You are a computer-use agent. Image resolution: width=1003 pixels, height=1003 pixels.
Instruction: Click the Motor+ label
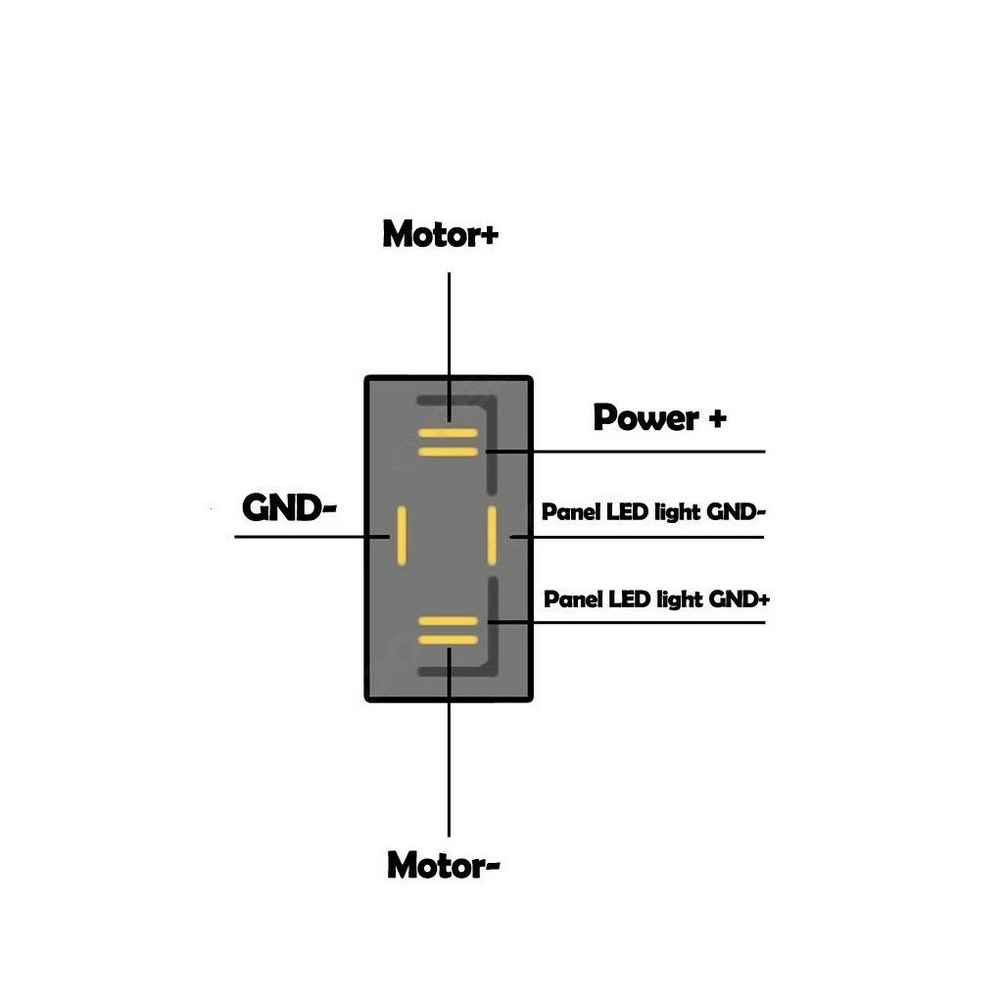pos(440,234)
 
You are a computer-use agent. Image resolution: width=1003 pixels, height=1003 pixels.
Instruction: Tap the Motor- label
pos(444,865)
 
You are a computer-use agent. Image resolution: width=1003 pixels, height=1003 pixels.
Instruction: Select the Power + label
pos(660,418)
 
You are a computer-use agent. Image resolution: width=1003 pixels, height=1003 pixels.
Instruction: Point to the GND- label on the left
pos(289,507)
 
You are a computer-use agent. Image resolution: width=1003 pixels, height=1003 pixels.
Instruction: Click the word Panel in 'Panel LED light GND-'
pos(572,512)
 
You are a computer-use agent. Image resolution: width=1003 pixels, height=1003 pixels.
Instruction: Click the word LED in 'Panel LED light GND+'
pos(630,598)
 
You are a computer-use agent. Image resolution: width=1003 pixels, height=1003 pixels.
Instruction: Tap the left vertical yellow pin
pos(400,535)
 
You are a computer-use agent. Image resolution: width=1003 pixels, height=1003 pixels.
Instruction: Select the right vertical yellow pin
pos(492,535)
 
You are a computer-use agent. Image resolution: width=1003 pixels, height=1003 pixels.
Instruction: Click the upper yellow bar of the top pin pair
pos(448,433)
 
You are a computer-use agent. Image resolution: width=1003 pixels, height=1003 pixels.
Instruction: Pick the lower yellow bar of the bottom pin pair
pos(448,640)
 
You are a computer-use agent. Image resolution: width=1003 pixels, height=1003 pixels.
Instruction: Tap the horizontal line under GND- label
pos(294,536)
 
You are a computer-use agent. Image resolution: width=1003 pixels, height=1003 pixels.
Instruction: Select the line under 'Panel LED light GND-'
pos(646,537)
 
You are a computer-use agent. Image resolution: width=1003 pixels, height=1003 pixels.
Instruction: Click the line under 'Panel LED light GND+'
pos(646,622)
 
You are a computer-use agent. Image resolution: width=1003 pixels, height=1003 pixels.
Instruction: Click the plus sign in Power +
pos(716,419)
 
